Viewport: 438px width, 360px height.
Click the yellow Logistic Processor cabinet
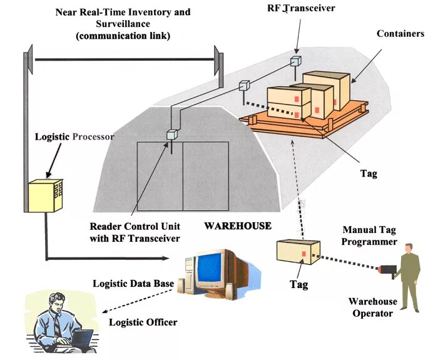46,195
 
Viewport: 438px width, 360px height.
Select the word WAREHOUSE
238,225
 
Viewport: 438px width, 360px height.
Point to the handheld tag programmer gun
389,270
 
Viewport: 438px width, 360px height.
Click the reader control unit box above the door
172,133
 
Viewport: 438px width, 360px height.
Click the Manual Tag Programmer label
370,235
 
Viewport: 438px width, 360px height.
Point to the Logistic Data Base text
133,284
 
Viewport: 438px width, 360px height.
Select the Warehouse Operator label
371,307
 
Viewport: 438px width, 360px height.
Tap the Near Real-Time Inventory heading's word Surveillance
123,24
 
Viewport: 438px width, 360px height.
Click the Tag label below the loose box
298,284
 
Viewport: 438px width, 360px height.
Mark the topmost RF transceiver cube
295,61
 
